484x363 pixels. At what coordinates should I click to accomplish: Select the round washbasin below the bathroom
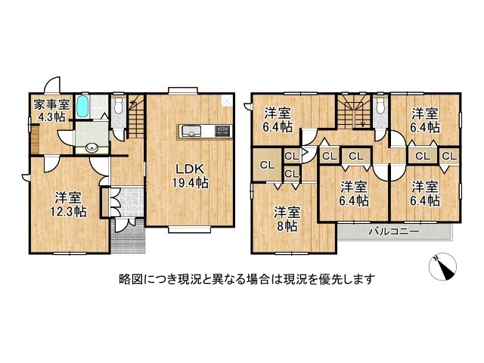point(92,147)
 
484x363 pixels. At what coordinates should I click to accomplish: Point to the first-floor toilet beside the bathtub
point(119,108)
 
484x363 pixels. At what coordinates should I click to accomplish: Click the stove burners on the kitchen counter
point(222,131)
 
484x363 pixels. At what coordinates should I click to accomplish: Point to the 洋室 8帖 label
point(285,218)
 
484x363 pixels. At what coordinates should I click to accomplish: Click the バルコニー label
point(393,231)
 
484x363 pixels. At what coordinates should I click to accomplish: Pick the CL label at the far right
point(448,157)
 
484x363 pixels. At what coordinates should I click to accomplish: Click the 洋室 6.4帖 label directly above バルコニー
point(353,194)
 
